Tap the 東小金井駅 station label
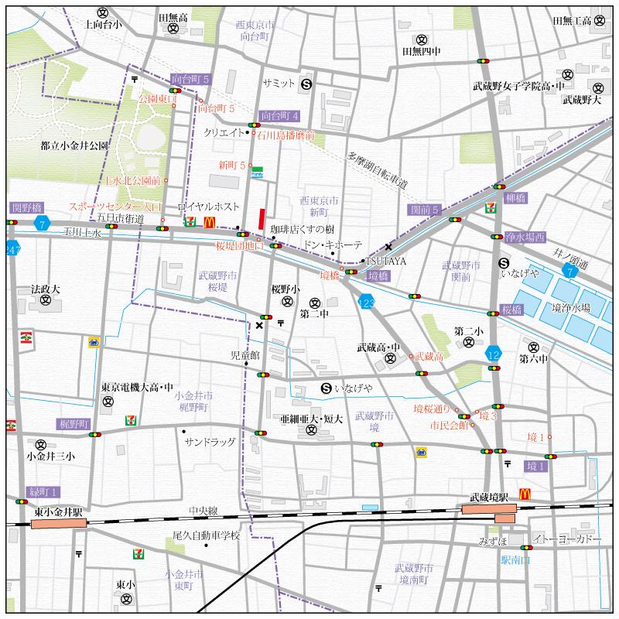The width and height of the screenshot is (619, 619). (58, 511)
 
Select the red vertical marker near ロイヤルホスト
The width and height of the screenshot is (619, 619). (262, 218)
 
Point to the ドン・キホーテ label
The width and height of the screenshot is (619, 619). (333, 245)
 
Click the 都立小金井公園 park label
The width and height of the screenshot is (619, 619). (75, 145)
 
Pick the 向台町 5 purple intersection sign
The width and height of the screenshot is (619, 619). (191, 79)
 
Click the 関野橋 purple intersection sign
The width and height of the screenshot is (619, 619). (27, 208)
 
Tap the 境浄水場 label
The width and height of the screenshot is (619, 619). (571, 307)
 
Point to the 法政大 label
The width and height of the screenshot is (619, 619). (45, 288)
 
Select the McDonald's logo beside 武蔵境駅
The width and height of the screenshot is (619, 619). (525, 493)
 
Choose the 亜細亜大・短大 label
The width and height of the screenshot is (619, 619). (311, 418)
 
